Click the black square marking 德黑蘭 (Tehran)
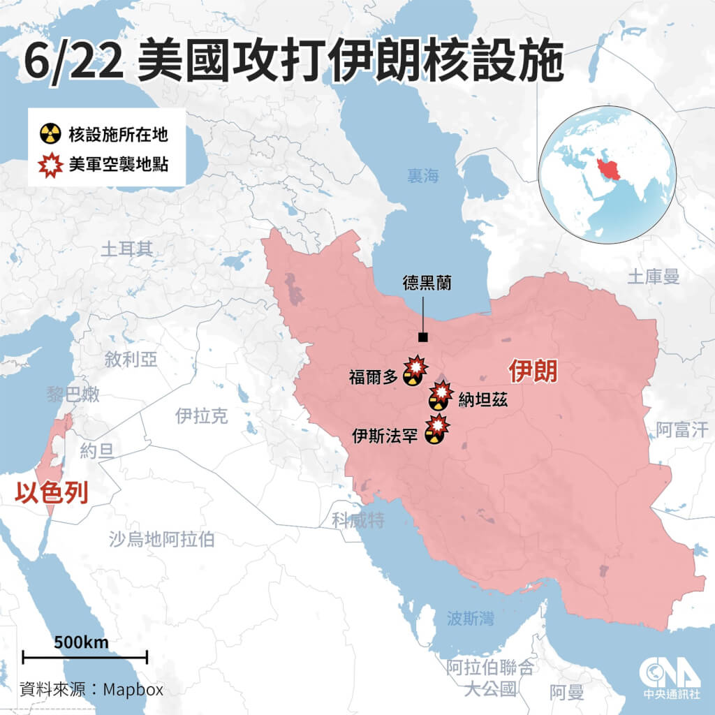(x=422, y=338)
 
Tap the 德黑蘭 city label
(x=427, y=283)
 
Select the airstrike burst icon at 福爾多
(x=417, y=365)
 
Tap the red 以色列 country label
(x=52, y=493)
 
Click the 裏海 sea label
(x=424, y=176)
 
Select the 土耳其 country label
(x=126, y=249)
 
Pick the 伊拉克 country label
(x=201, y=417)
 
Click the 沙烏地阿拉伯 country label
(x=161, y=538)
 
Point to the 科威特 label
(x=358, y=519)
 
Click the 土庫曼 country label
(x=653, y=277)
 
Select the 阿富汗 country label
(x=685, y=429)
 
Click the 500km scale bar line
(x=84, y=657)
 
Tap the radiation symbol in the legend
(x=50, y=133)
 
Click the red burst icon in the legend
(x=50, y=165)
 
